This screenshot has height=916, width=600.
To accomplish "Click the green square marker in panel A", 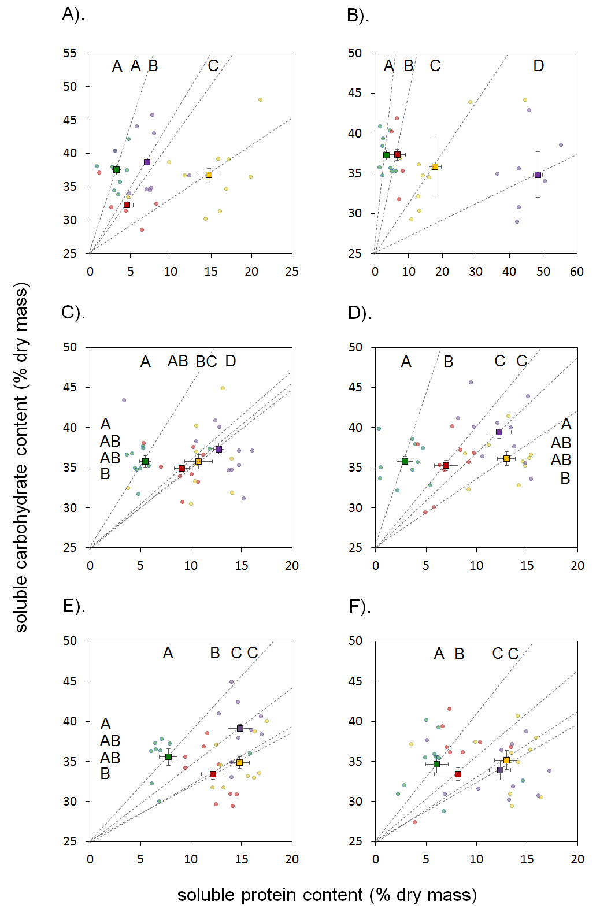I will (116, 169).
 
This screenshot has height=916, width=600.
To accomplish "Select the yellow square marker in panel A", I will (209, 175).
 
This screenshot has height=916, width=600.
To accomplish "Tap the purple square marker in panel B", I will (538, 175).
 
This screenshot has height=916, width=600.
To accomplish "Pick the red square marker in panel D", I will (446, 465).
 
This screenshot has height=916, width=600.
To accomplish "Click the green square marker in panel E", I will (168, 756).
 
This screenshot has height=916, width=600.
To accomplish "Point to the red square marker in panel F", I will (458, 774).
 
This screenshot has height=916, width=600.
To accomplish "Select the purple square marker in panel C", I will (218, 449).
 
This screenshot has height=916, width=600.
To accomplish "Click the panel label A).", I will (73, 14).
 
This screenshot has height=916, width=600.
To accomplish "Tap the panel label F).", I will (360, 606).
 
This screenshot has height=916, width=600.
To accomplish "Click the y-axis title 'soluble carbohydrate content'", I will (21, 457).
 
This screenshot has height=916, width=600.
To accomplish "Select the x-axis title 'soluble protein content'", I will (327, 895).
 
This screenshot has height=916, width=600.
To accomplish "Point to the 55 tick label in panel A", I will (70, 53).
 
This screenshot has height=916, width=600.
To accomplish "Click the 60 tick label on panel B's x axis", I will (576, 272).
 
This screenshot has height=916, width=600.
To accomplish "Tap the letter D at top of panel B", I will (538, 66).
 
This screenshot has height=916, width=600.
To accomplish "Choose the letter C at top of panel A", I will (213, 66).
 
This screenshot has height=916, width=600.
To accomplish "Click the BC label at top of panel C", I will (206, 362).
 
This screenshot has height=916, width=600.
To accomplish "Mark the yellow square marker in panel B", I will (435, 166).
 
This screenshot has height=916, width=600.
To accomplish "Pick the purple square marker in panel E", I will (240, 728).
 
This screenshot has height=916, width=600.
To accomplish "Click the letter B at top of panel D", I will (449, 362).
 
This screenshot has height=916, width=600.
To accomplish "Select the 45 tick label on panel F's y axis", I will (355, 681).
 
